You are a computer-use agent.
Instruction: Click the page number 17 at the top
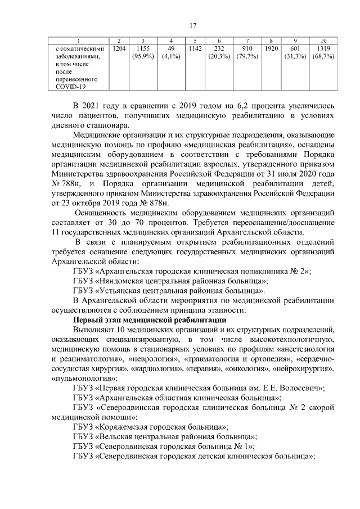point(192,25)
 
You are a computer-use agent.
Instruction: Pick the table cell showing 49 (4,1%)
point(170,53)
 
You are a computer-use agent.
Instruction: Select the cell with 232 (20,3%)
point(218,53)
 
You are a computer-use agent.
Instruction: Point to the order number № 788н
point(69,183)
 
